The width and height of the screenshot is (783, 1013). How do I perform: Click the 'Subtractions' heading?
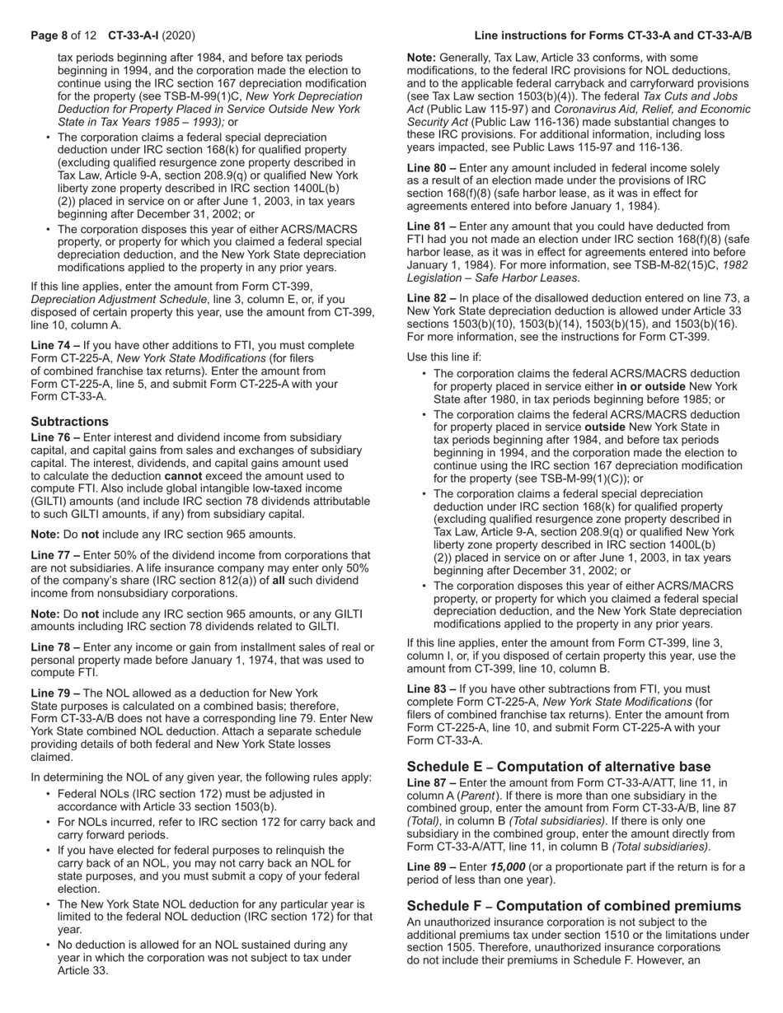[70, 421]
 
